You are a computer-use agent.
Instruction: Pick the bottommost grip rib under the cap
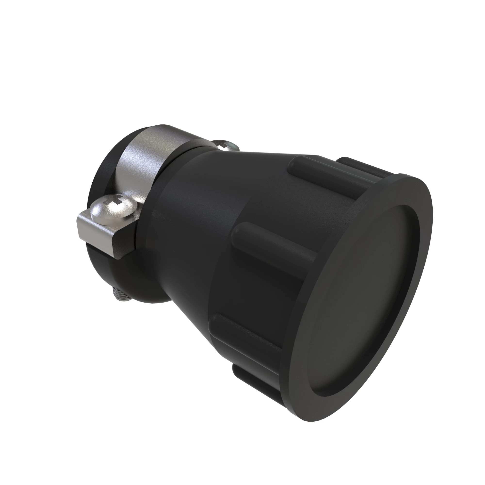tap(254, 377)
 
